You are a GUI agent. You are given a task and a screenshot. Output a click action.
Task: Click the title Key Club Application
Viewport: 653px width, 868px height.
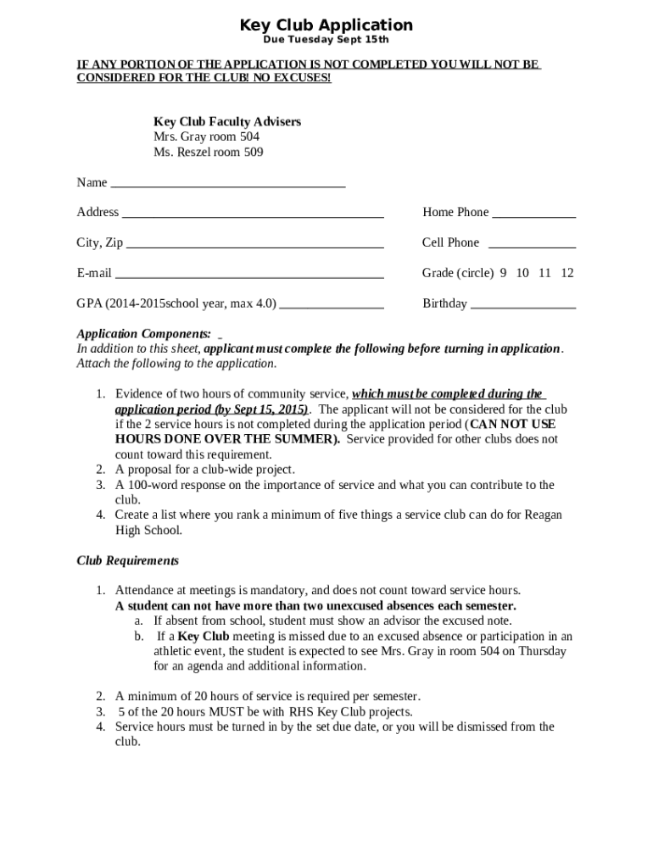(x=326, y=25)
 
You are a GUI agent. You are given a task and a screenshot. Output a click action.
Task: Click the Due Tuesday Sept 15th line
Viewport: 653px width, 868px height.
(x=326, y=41)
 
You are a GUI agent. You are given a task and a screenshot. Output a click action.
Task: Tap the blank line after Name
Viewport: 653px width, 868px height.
(x=228, y=183)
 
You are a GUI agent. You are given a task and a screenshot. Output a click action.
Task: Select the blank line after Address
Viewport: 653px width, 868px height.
(x=253, y=214)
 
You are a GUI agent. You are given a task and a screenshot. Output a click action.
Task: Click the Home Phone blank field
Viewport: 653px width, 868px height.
(x=533, y=214)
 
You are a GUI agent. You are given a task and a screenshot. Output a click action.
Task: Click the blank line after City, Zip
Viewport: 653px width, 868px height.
(x=254, y=244)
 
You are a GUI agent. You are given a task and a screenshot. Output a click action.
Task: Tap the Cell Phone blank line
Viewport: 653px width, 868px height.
(x=533, y=244)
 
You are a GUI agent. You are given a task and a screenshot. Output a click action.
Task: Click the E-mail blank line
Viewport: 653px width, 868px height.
(x=249, y=275)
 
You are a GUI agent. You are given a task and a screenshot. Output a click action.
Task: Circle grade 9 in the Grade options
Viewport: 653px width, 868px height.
(x=503, y=273)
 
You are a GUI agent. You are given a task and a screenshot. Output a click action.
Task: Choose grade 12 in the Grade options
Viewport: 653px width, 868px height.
(x=567, y=273)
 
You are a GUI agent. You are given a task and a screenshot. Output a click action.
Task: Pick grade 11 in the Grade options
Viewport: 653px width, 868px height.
(x=544, y=273)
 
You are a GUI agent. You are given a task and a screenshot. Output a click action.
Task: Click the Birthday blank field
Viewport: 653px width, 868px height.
(x=523, y=305)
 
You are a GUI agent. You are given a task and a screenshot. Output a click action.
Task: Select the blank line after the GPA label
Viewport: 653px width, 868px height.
(x=332, y=305)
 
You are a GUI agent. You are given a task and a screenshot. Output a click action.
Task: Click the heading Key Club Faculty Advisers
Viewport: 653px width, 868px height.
(x=226, y=122)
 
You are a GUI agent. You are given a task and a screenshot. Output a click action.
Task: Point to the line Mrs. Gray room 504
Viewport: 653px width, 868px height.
(x=206, y=137)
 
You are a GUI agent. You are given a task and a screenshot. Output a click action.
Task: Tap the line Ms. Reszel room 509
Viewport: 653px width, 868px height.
(x=208, y=153)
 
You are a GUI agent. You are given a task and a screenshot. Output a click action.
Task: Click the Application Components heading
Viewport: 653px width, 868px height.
(x=143, y=333)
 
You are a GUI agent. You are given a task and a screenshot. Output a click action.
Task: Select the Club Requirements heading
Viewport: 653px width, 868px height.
(x=127, y=560)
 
